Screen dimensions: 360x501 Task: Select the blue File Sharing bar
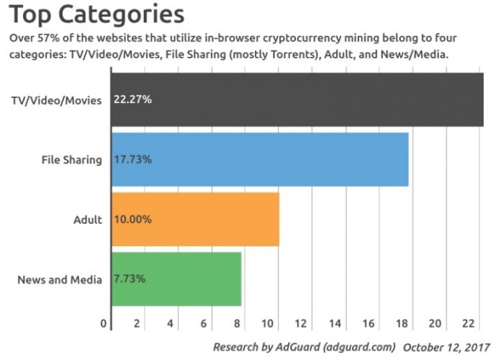coord(288,159)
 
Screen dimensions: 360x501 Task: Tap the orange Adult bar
coord(216,219)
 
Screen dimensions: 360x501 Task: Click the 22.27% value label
coord(132,99)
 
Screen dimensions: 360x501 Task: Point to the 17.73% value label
coord(132,159)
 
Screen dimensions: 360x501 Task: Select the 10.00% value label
coord(132,219)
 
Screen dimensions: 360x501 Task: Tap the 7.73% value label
coord(130,279)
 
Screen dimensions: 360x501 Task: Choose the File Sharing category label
coord(72,159)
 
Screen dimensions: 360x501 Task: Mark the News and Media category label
coord(60,279)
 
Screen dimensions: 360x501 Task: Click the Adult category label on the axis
coord(88,219)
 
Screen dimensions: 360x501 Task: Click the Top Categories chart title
coord(96,14)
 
